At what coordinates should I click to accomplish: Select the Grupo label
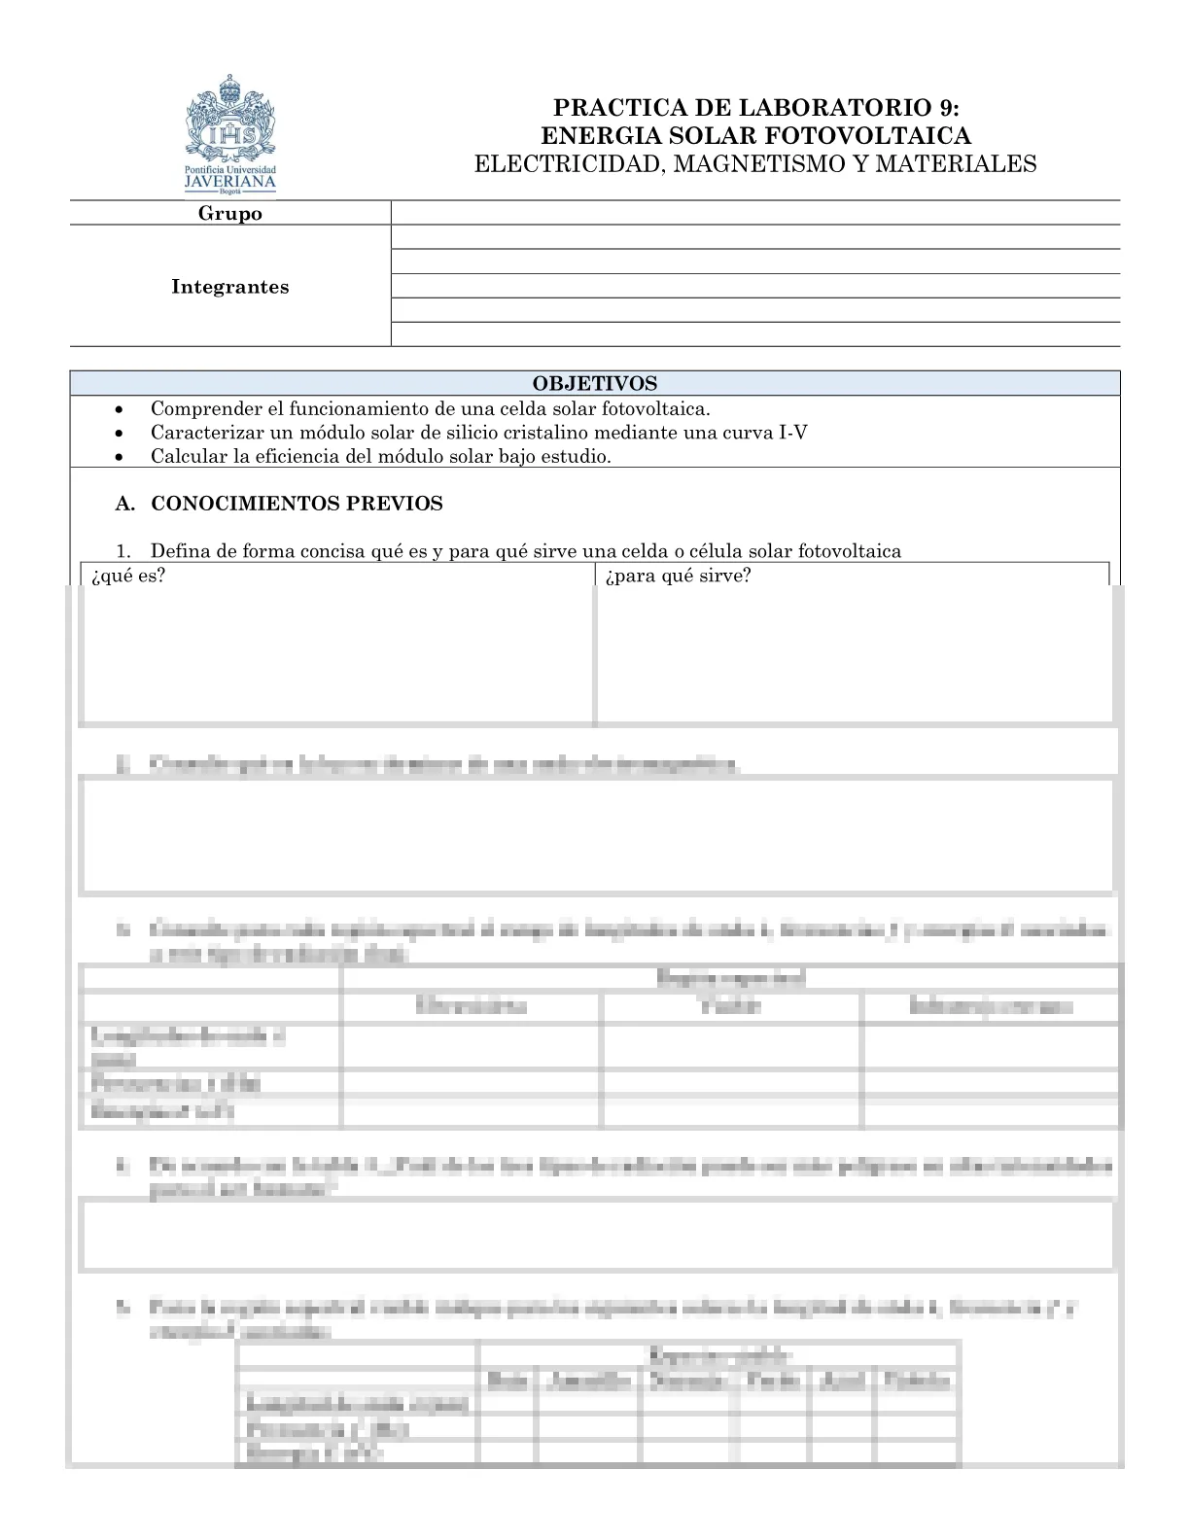point(230,214)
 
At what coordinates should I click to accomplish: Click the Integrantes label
point(230,287)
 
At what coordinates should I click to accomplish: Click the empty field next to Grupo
point(754,214)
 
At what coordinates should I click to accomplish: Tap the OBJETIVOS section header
point(594,384)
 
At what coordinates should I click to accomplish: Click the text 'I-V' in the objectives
point(793,433)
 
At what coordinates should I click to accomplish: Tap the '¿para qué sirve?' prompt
point(678,576)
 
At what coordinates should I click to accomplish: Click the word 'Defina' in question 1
point(181,551)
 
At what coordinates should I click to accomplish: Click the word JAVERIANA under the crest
point(230,181)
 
